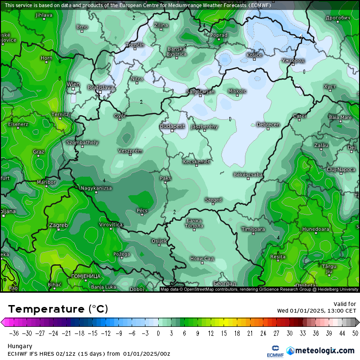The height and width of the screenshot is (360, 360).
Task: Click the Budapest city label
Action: [172, 126]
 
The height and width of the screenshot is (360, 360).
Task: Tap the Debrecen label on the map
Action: [268, 125]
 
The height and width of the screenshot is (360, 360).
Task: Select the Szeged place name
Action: [213, 200]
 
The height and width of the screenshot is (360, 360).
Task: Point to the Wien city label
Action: [73, 84]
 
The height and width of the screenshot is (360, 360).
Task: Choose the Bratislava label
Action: [101, 88]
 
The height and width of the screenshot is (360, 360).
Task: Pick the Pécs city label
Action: [142, 210]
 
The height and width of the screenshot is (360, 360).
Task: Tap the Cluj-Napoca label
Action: [341, 169]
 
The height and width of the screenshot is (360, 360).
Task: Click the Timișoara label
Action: [252, 229]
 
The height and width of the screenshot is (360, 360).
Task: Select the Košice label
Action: [254, 55]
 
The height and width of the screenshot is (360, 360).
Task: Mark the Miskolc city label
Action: [237, 91]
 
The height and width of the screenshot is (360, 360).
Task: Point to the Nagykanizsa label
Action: [96, 188]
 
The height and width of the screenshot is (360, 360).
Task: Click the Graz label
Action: [39, 152]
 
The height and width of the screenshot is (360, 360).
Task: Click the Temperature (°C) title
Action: [58, 309]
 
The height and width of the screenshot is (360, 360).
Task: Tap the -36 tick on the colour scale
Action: [14, 333]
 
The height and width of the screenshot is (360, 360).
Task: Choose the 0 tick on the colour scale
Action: [158, 333]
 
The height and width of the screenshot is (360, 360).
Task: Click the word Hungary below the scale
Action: [18, 346]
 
